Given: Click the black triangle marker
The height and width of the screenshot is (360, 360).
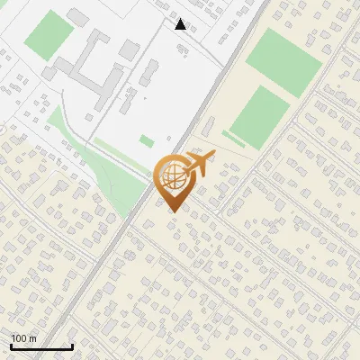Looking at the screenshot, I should pyautogui.click(x=181, y=24).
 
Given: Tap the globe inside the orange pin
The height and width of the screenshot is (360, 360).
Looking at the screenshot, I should pyautogui.click(x=170, y=177).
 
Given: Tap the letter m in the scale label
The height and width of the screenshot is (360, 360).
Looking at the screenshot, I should pyautogui.click(x=33, y=338).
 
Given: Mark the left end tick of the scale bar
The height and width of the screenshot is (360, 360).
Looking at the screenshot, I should pyautogui.click(x=12, y=346).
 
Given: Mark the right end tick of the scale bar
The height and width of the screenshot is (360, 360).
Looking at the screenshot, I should pyautogui.click(x=72, y=346).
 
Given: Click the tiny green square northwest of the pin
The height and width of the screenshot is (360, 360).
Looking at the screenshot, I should pyautogui.click(x=146, y=141).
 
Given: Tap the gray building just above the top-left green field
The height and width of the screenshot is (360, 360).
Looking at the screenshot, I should pyautogui.click(x=79, y=17).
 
